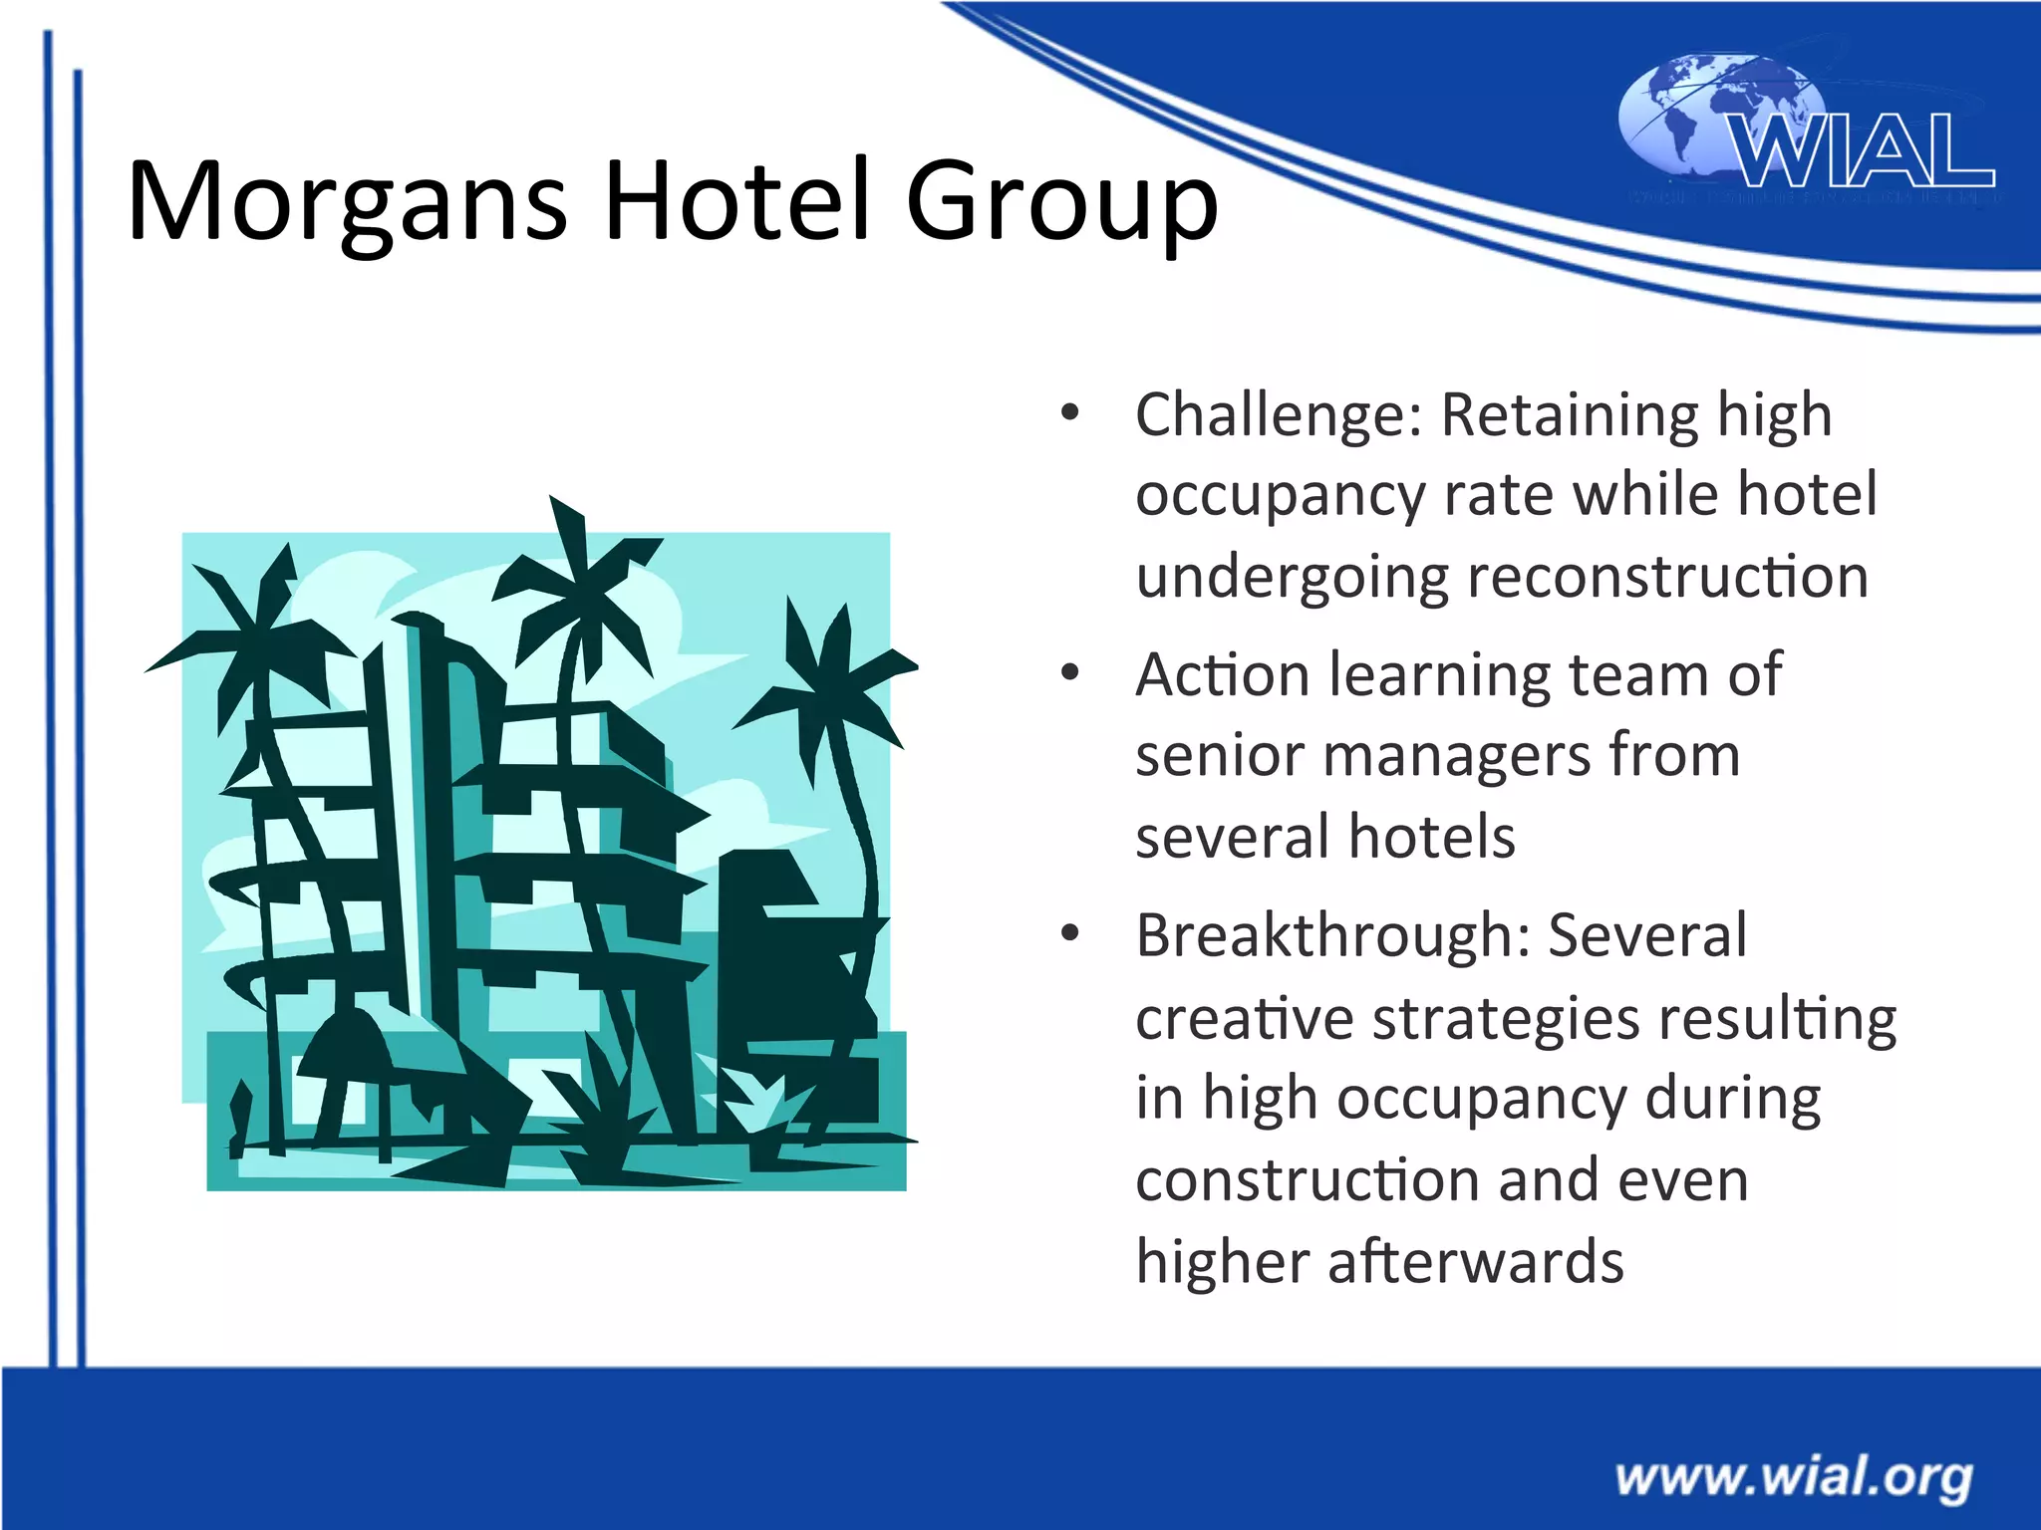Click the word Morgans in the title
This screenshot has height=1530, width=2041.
click(x=347, y=202)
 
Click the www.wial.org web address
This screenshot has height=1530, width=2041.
click(x=1794, y=1476)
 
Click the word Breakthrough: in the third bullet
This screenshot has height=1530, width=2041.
click(x=1332, y=936)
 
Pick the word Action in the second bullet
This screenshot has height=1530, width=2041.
click(x=1222, y=675)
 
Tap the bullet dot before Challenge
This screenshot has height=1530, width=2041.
click(x=1070, y=412)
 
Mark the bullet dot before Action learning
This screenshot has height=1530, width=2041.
click(x=1070, y=673)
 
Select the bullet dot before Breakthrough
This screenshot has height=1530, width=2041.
click(x=1070, y=934)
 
